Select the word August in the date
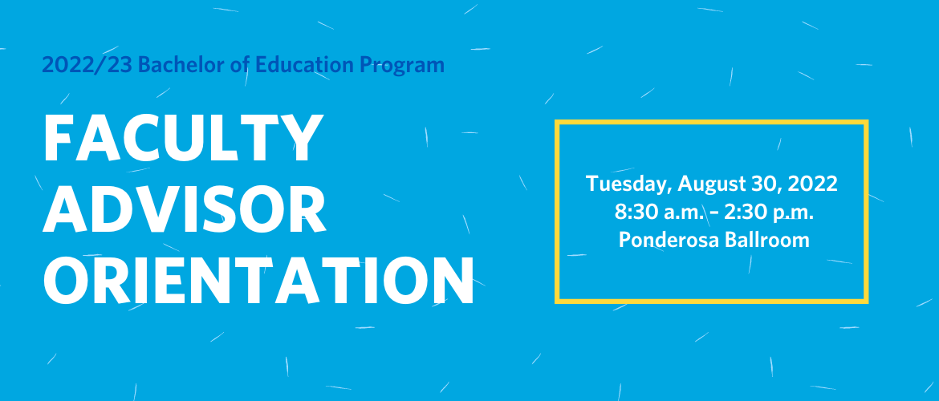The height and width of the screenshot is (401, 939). click(x=711, y=184)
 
